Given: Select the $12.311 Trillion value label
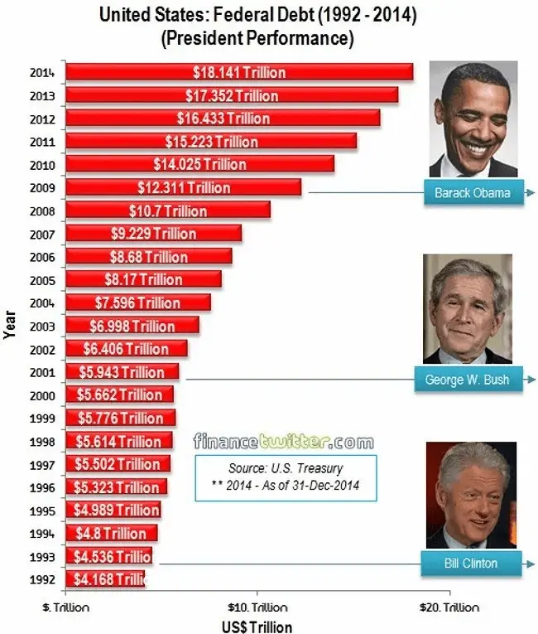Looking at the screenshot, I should click(x=184, y=188).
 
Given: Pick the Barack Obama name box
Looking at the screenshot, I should click(x=472, y=193).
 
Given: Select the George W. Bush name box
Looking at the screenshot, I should click(x=467, y=380).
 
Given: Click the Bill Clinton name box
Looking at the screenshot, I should click(x=470, y=564).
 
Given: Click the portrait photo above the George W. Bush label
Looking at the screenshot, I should click(x=467, y=308).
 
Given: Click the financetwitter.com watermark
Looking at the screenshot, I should click(x=283, y=442).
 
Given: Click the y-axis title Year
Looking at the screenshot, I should click(x=9, y=324).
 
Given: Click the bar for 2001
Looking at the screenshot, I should click(x=122, y=372).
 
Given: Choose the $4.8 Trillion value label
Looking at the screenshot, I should click(x=111, y=533).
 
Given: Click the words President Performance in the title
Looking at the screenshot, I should click(x=260, y=39).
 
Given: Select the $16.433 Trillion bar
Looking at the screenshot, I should click(x=222, y=119).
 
